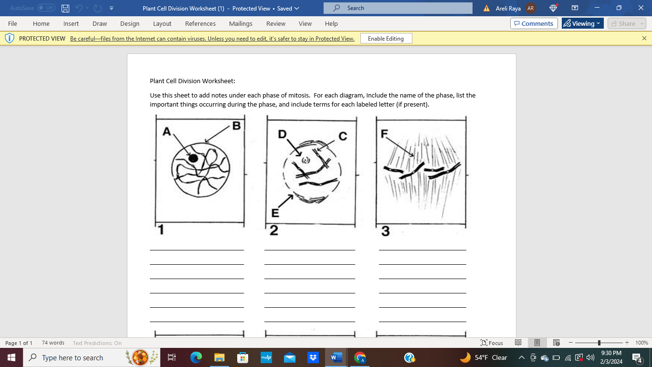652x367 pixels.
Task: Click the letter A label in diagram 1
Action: (167, 131)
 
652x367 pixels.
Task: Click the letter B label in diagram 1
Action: (236, 126)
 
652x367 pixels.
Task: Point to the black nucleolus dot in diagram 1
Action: (193, 158)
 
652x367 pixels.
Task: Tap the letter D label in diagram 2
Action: (283, 135)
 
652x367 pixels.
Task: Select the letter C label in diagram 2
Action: (343, 137)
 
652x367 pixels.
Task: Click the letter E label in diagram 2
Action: (275, 213)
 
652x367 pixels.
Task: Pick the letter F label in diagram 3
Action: (384, 134)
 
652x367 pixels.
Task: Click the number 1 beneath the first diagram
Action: (161, 230)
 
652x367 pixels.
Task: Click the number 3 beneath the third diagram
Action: (385, 231)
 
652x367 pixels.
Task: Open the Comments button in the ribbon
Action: (534, 23)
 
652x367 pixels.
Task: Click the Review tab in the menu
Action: (276, 23)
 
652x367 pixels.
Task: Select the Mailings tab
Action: (241, 23)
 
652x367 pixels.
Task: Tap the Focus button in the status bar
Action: (492, 343)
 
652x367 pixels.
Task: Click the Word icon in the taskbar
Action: (337, 357)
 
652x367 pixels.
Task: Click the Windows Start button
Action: (11, 357)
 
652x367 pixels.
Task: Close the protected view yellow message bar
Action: (644, 38)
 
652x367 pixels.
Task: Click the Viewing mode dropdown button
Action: (582, 23)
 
